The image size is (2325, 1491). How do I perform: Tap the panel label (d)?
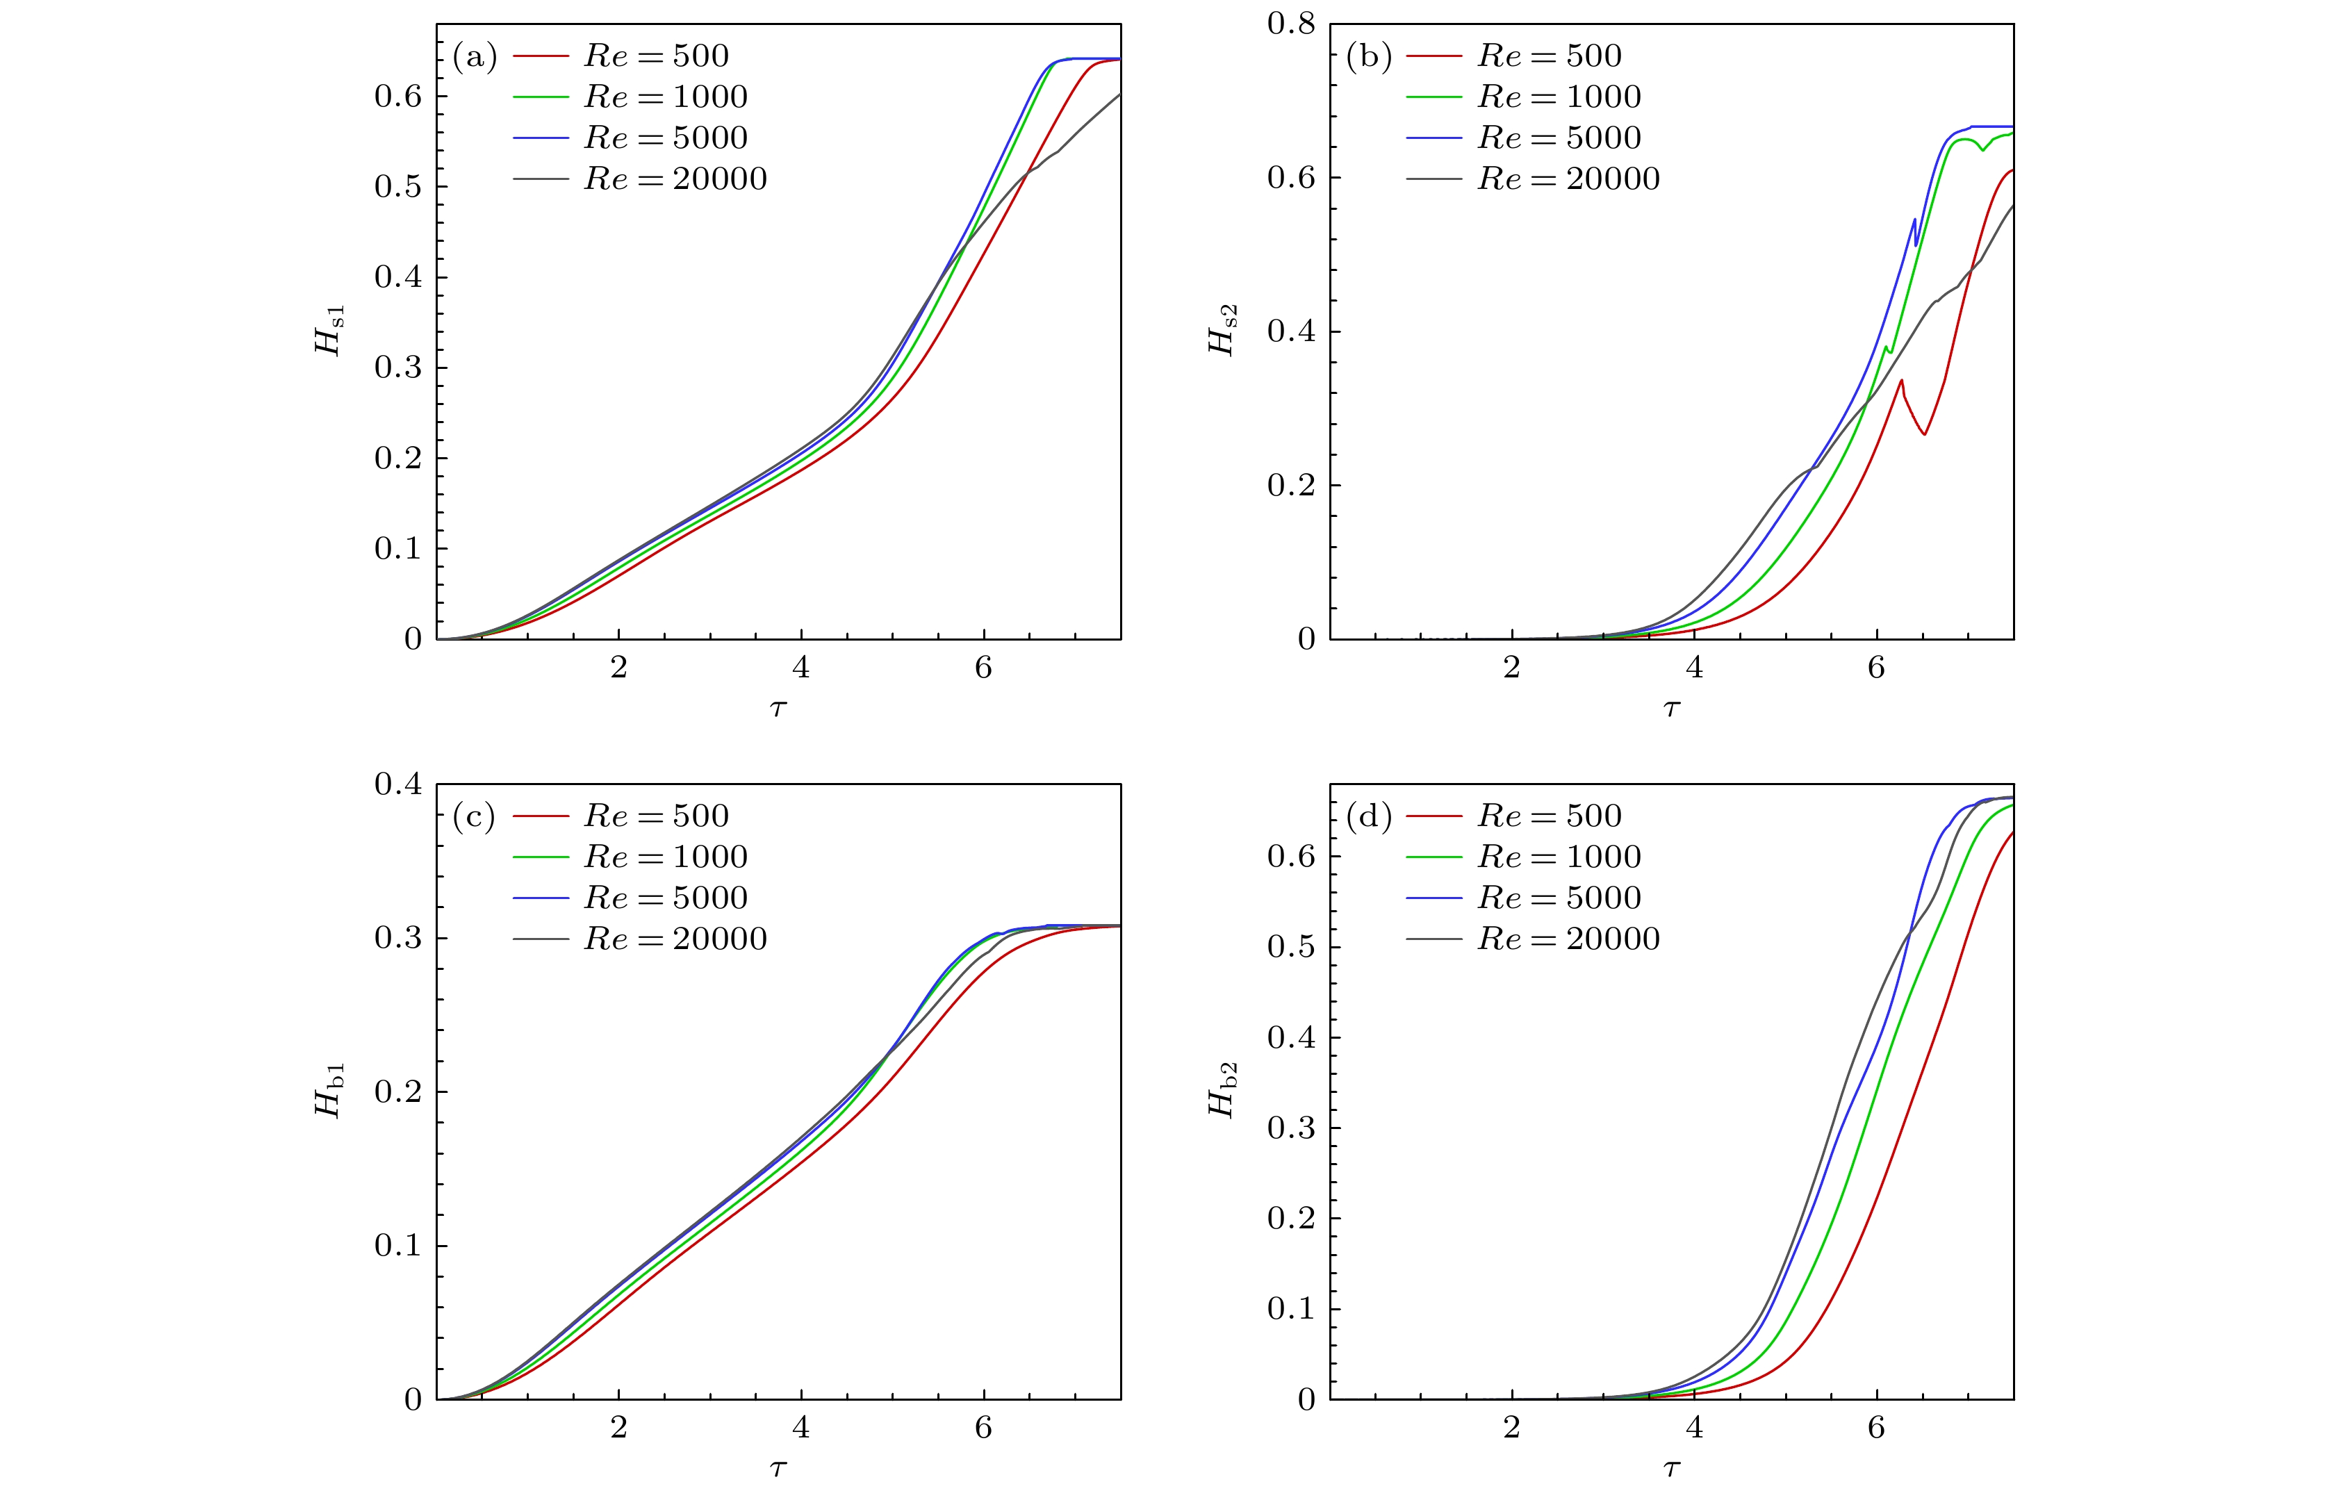(1367, 817)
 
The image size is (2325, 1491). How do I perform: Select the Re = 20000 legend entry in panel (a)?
(674, 179)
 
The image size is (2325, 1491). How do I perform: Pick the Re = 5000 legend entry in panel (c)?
(665, 898)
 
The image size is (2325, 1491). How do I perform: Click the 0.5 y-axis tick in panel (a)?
(398, 187)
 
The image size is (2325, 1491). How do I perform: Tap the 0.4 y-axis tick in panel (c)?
(398, 784)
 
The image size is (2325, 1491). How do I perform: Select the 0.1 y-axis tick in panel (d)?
(1292, 1309)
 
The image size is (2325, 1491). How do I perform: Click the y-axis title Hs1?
(330, 330)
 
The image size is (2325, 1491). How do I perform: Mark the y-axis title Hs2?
(1223, 330)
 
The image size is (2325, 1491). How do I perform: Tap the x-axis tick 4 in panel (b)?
(1695, 668)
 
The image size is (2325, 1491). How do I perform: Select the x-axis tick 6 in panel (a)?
(984, 668)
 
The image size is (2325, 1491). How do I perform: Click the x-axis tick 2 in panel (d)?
(1511, 1428)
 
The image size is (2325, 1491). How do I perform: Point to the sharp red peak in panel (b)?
(1902, 381)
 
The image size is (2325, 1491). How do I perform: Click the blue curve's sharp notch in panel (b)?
(1916, 244)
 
